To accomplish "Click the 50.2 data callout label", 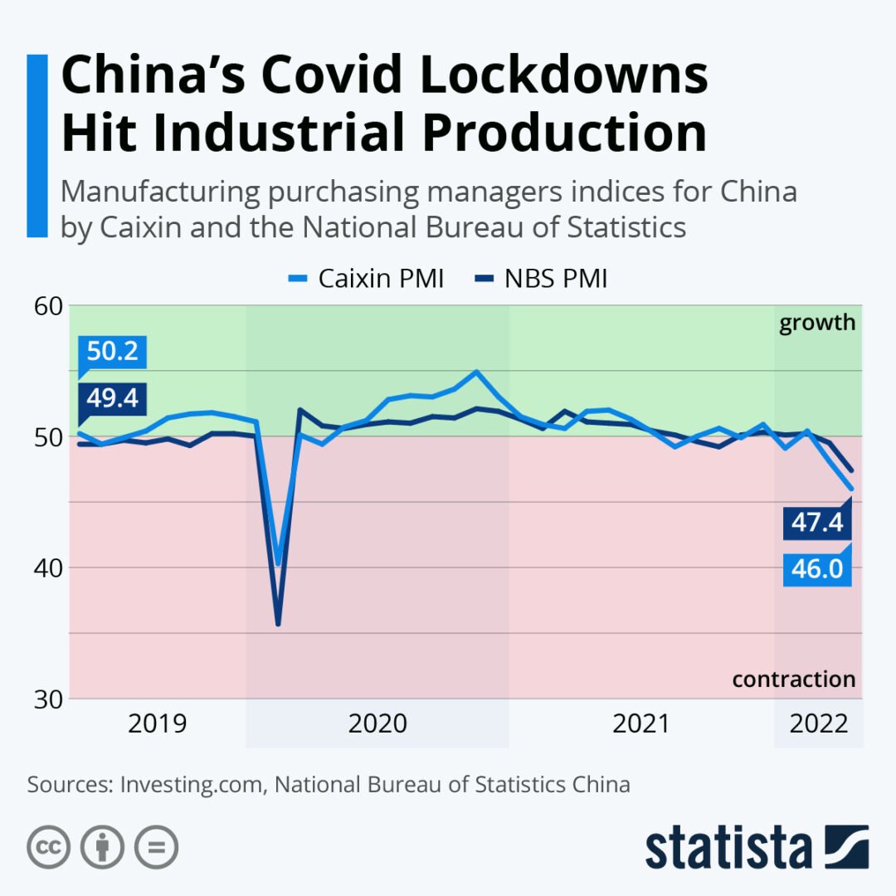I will point(113,352).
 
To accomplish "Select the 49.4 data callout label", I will point(113,399).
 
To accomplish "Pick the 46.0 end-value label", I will point(818,570).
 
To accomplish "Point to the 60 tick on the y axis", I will point(48,305).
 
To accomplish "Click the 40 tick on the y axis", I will point(48,567).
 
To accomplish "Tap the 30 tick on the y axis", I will point(48,699).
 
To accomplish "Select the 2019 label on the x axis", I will point(158,723).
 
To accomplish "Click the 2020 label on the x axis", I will point(377,723).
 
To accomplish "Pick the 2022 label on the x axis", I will point(819,723).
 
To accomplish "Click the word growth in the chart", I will point(816,323).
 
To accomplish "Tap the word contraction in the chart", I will point(793,679).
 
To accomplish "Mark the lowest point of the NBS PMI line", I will point(278,624).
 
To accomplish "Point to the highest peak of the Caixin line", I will point(476,372).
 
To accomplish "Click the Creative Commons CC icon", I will point(49,847).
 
